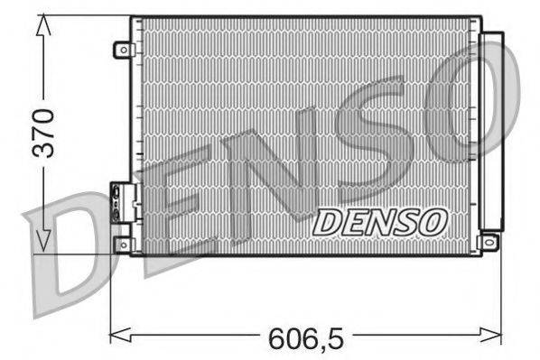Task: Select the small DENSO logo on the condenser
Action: pyautogui.click(x=379, y=220)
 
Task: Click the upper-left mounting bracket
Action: pyautogui.click(x=122, y=51)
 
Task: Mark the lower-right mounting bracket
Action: pyautogui.click(x=489, y=241)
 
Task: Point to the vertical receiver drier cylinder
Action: pyautogui.click(x=492, y=131)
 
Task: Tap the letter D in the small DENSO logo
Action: pyautogui.click(x=327, y=220)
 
